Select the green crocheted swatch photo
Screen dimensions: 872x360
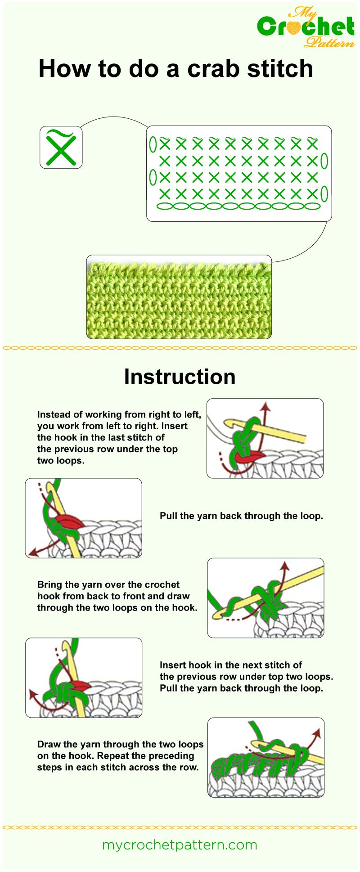[x=179, y=297]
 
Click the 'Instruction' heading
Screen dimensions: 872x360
[x=180, y=377]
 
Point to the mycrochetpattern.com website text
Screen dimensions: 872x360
[x=180, y=845]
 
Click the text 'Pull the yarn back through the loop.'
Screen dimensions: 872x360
[x=241, y=516]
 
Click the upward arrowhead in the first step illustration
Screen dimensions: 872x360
[x=266, y=406]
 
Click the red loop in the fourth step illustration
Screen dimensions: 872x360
[x=80, y=686]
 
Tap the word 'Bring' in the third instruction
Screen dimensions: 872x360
[x=49, y=584]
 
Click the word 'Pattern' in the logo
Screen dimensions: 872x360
[x=329, y=43]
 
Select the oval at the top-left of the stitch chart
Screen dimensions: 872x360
[x=153, y=144]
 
